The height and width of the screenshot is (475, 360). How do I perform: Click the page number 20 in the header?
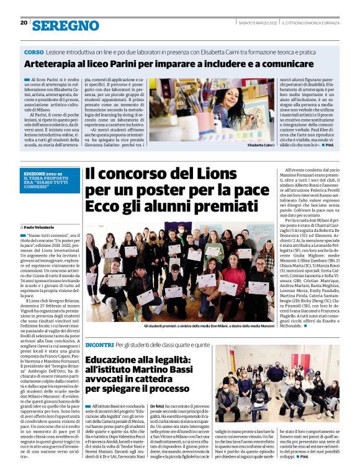24,23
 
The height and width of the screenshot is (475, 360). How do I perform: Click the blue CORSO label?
34,52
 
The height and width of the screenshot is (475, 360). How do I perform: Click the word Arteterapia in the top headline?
53,64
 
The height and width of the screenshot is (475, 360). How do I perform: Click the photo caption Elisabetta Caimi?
260,144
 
